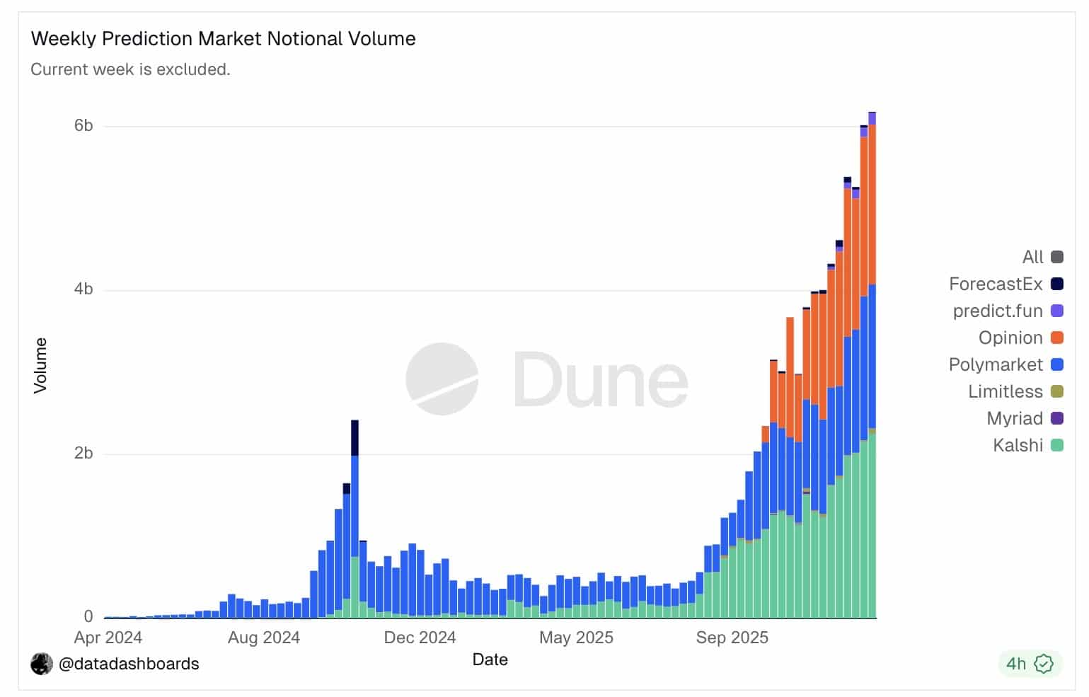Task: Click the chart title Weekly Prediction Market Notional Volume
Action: [223, 39]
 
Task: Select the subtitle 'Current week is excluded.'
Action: [130, 69]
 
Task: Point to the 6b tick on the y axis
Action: [83, 125]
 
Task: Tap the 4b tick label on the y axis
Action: [83, 289]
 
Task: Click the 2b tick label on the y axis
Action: [83, 453]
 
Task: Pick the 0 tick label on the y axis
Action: [88, 616]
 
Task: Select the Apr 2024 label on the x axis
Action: [108, 638]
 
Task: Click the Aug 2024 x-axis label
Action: [263, 638]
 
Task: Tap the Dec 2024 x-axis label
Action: [420, 638]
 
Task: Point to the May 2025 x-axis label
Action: [576, 638]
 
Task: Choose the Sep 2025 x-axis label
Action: [732, 638]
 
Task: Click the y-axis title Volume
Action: [40, 365]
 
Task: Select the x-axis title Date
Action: [490, 659]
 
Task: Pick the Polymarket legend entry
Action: [996, 364]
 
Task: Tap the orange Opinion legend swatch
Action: [1057, 338]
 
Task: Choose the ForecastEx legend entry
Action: [996, 284]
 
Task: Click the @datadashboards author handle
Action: [128, 664]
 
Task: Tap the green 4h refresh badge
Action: [1030, 663]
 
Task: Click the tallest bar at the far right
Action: [872, 368]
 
